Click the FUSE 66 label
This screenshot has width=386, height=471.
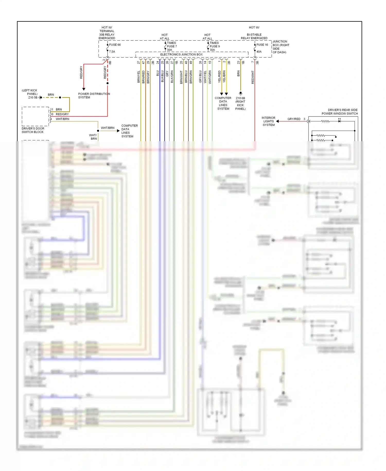point(115,45)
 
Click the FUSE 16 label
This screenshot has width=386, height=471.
point(262,45)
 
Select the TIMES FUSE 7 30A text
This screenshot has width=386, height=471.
point(172,46)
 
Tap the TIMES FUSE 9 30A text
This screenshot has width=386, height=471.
point(214,46)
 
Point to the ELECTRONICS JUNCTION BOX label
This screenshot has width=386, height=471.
point(181,55)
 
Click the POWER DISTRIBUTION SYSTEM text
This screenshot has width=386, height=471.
point(94,96)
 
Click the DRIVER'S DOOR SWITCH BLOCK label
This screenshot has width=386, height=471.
point(33,130)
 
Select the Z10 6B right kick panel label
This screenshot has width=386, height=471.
point(240,103)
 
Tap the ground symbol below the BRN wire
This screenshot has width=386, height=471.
point(241,93)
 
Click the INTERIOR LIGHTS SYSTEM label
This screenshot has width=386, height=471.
point(268,121)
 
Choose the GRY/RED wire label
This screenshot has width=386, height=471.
point(294,119)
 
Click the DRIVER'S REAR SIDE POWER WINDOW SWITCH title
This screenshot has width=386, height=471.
point(340,112)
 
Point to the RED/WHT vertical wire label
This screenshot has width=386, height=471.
point(253,77)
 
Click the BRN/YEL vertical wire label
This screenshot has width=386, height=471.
point(139,77)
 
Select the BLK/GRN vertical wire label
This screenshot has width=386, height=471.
point(172,77)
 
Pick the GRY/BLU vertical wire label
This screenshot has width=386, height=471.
point(200,77)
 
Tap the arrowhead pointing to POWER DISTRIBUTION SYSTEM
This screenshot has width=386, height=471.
point(84,89)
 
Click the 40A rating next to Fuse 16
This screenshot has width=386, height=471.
point(259,52)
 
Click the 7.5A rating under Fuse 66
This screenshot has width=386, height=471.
point(112,52)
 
